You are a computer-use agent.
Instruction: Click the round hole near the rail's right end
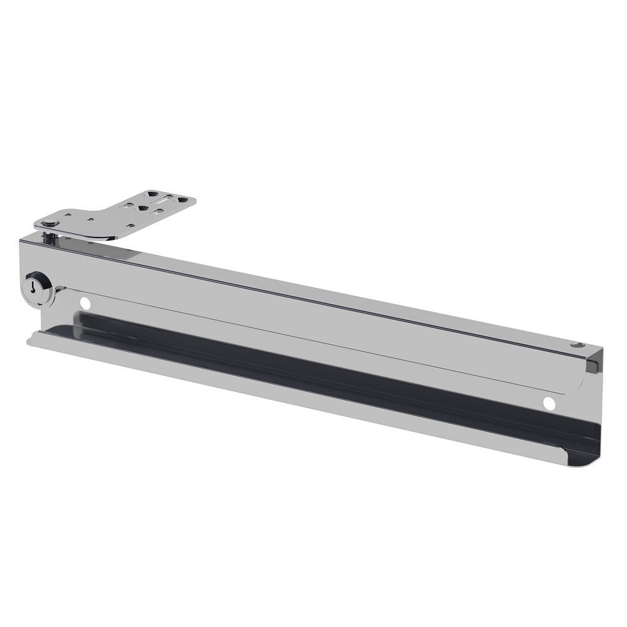pyautogui.click(x=549, y=403)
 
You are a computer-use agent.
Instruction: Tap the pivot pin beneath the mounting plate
pyautogui.click(x=49, y=238)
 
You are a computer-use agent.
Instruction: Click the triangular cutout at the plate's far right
pyautogui.click(x=184, y=200)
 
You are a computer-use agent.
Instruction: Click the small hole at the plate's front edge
pyautogui.click(x=130, y=224)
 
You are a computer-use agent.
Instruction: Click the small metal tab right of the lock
pyautogui.click(x=60, y=290)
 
